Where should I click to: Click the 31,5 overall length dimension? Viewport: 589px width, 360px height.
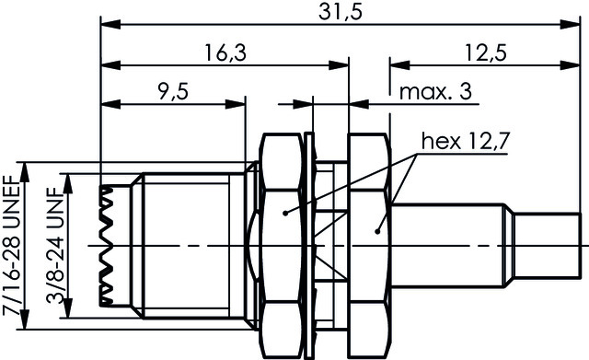click(341, 12)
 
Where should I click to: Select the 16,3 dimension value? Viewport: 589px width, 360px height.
click(225, 52)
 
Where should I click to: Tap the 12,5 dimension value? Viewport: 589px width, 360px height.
click(486, 52)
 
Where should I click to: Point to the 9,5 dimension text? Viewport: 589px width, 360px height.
click(173, 92)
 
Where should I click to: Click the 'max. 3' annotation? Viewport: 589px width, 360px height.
click(435, 92)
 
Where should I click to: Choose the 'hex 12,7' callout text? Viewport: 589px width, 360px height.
click(465, 142)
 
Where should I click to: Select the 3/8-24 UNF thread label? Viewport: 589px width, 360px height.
click(55, 246)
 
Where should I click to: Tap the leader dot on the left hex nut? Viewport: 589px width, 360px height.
click(285, 213)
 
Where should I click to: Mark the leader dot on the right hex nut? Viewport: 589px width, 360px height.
click(378, 231)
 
